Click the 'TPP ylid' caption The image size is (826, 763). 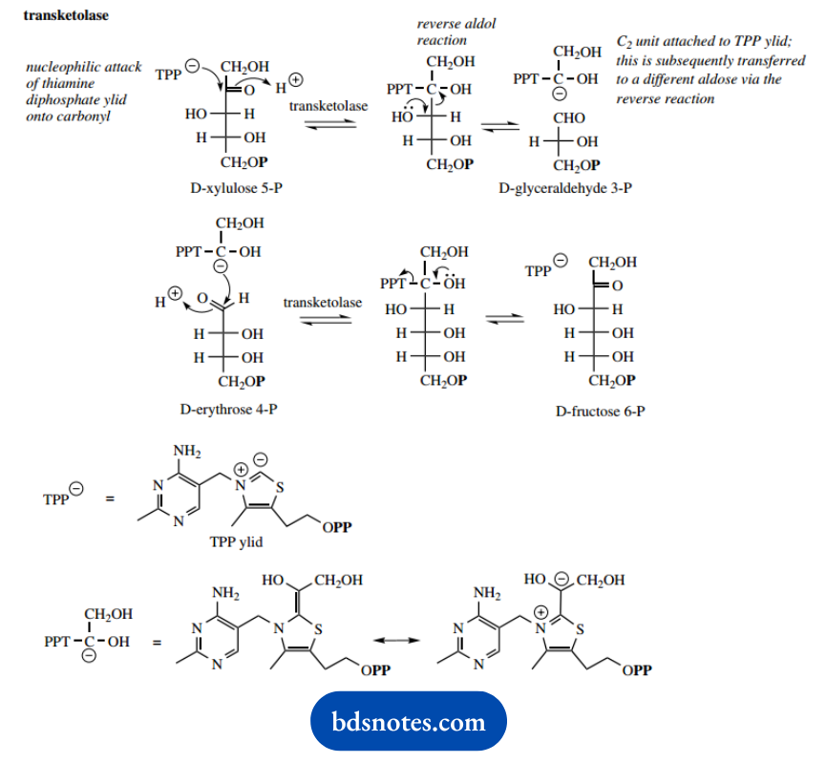[x=236, y=540]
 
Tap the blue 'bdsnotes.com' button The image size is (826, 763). [x=410, y=722]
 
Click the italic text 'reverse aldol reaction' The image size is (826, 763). [x=455, y=32]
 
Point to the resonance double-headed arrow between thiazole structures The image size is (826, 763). [x=397, y=637]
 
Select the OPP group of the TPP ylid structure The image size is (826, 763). [x=336, y=527]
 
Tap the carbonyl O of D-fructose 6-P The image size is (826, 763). [x=617, y=286]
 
